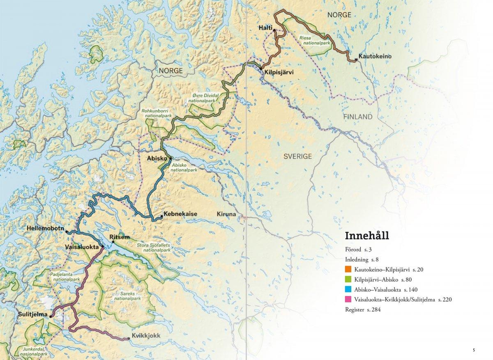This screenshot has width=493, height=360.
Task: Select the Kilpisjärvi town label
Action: pos(278,71)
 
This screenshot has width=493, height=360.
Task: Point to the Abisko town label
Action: pos(156,158)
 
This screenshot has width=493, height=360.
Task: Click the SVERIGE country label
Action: pos(298,156)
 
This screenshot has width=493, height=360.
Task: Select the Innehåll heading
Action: pos(367,236)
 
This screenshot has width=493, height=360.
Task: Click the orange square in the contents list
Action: pos(349,270)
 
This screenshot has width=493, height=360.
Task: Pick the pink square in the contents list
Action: pos(349,300)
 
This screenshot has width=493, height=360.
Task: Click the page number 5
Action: pos(474,350)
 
